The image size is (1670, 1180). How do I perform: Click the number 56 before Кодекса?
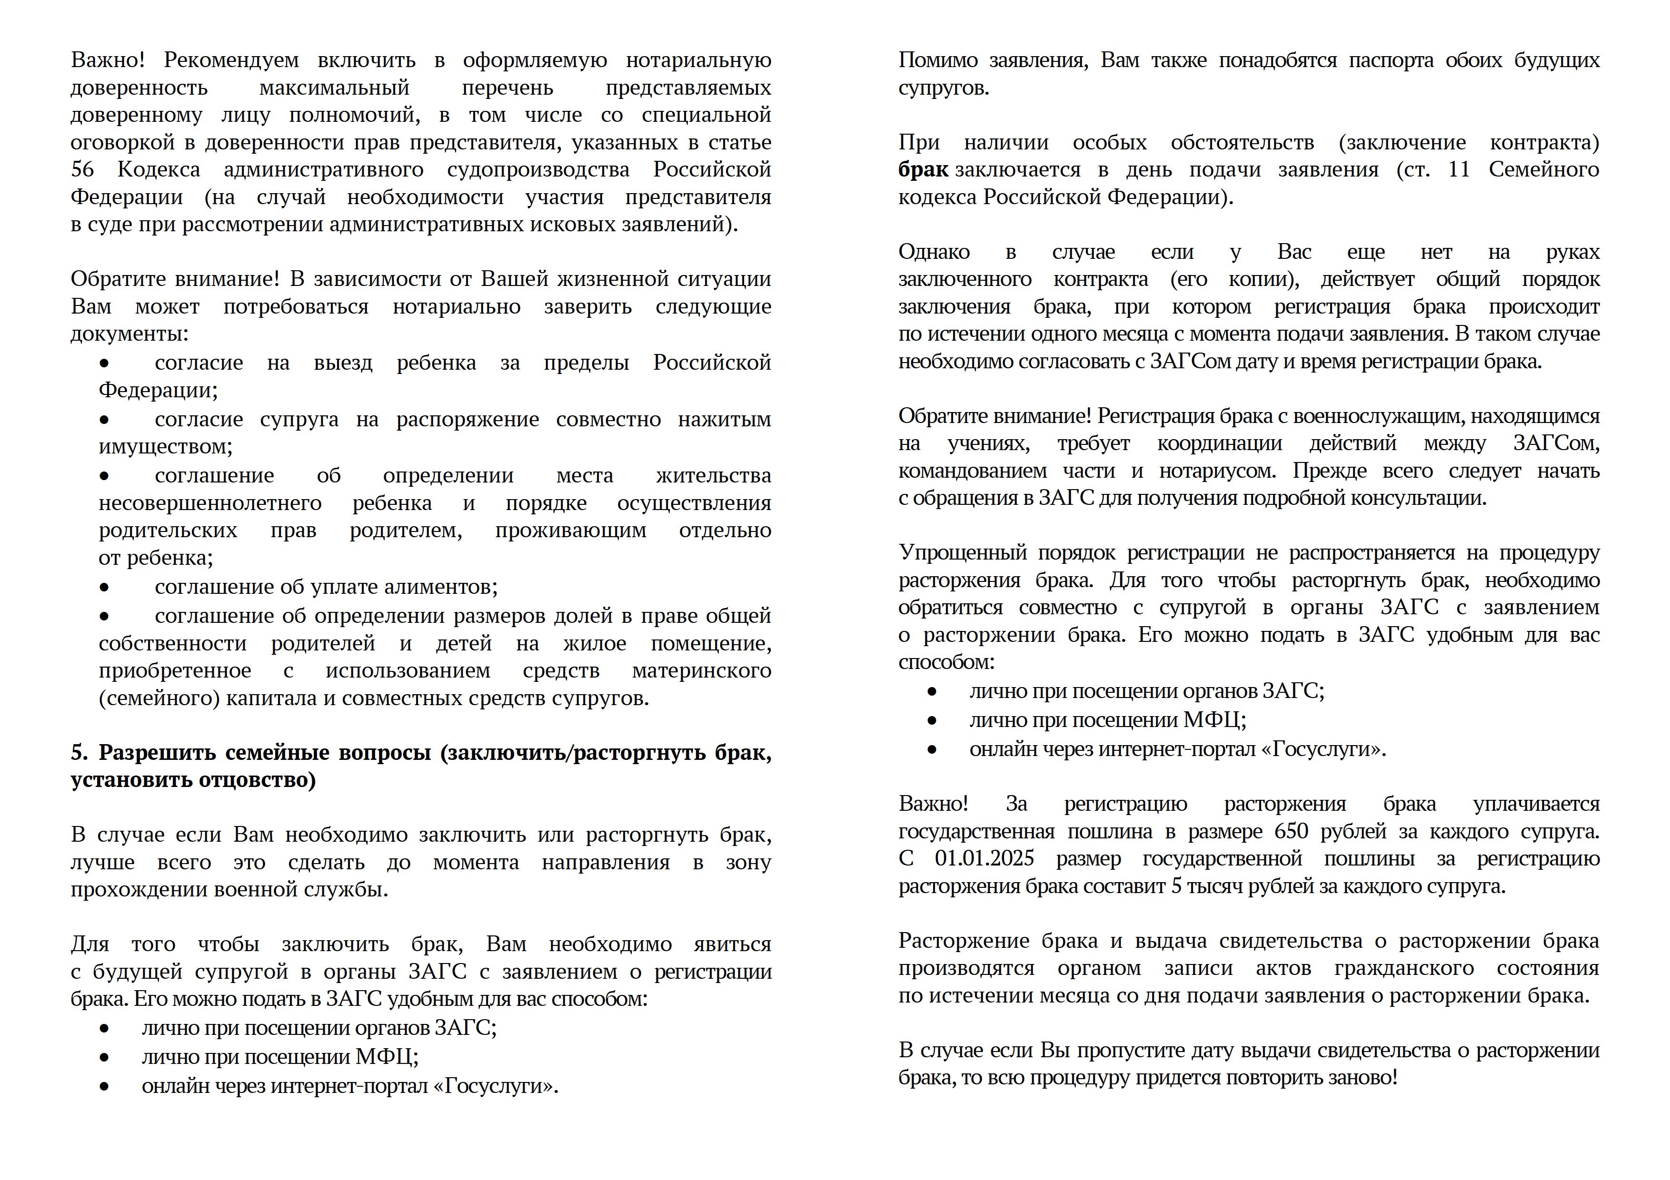point(82,169)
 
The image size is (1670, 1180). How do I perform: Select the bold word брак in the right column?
point(922,169)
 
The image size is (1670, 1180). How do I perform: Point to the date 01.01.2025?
point(984,859)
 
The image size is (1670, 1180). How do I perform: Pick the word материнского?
point(701,670)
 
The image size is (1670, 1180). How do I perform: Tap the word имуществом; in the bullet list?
point(165,446)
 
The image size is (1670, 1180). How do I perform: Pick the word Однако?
point(934,252)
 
